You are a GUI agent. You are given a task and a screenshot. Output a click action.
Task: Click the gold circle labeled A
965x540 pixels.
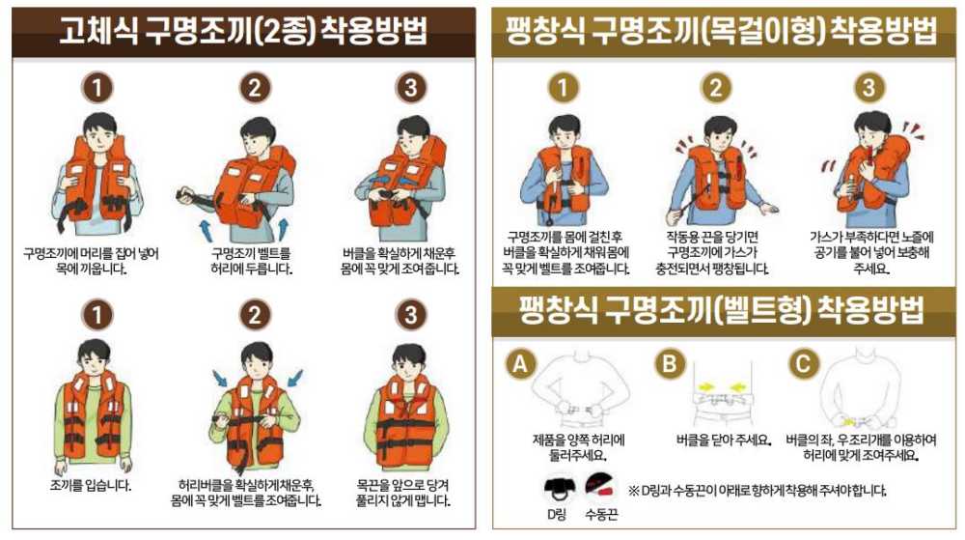point(521,364)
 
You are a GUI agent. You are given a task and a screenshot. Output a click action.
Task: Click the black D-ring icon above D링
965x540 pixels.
point(557,486)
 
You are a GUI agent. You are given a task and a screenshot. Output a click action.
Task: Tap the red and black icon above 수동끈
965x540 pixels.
point(600,484)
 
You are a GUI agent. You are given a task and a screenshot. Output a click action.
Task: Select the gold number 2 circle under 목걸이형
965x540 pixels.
point(715,88)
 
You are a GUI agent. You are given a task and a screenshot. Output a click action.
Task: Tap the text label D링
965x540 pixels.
point(557,514)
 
